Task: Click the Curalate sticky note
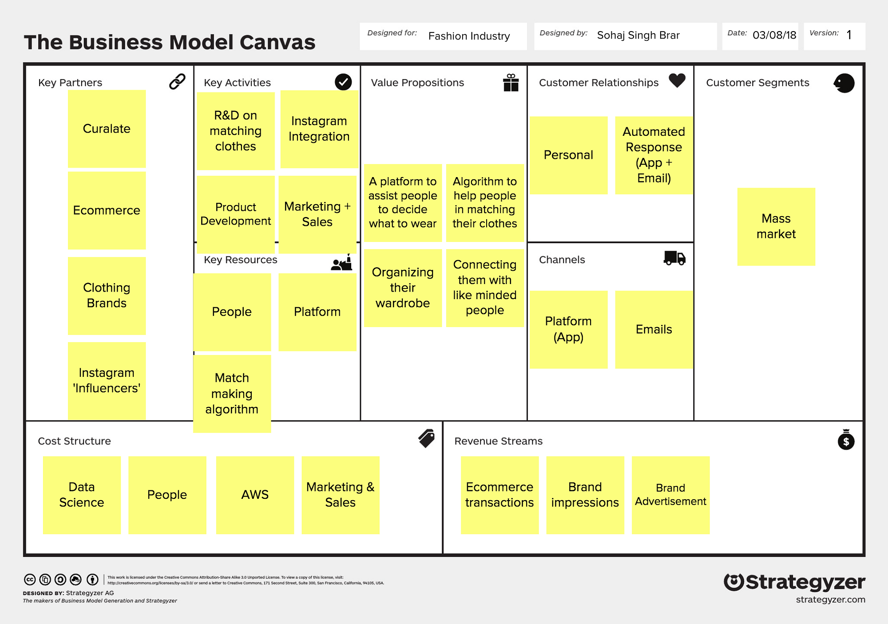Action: (107, 129)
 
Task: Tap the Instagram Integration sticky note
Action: (319, 129)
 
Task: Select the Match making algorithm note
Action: (232, 393)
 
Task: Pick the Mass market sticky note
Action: (776, 226)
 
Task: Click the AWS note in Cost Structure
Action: (255, 494)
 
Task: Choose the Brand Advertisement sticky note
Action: (670, 494)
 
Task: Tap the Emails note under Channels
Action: (654, 329)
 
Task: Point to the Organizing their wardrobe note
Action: (403, 288)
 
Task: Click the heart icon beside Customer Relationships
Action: (677, 80)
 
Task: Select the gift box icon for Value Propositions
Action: (511, 83)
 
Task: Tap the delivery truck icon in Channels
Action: (674, 258)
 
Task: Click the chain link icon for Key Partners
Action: (177, 82)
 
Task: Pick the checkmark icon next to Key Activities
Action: (343, 82)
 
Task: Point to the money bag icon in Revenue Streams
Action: (846, 440)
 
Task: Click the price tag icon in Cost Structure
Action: (427, 438)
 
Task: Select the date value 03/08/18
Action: (774, 35)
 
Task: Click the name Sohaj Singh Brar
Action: (638, 35)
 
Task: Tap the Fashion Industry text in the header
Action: (469, 36)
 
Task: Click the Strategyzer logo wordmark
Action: (795, 582)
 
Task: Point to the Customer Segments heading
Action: (757, 83)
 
